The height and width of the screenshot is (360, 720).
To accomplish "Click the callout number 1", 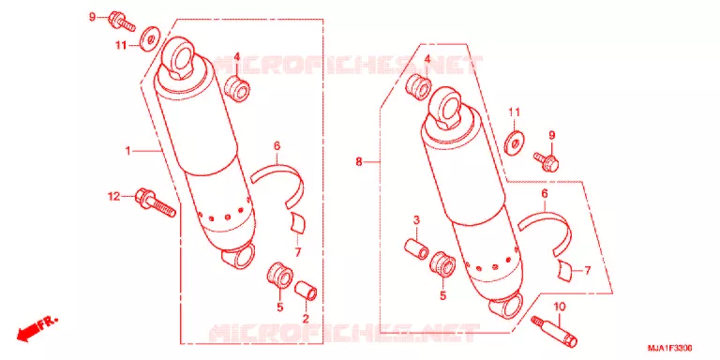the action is coord(128,151).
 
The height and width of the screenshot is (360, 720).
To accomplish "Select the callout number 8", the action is coord(359,161).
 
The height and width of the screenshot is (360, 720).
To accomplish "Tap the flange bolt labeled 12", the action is coord(156,203).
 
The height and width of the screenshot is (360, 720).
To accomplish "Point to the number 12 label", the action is coord(113,197).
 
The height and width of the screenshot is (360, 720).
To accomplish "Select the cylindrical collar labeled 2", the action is coord(306,291).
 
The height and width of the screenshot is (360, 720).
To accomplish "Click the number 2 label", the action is coord(305,317).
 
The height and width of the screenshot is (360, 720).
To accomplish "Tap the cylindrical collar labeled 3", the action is coord(416,247).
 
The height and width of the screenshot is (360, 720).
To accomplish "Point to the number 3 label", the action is coord(416,220).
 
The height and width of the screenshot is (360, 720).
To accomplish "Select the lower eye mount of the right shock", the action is coord(507,305).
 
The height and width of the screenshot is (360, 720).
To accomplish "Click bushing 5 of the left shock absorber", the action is coord(280,276).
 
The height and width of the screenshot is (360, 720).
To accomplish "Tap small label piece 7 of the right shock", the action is coord(565,270).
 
